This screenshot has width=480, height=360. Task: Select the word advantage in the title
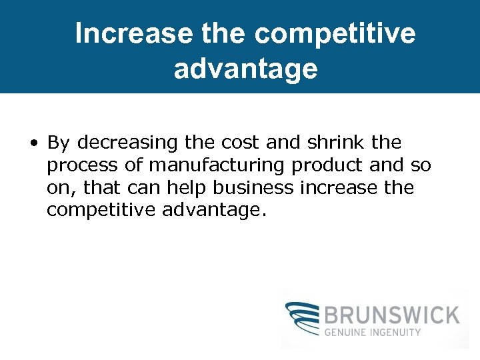[245, 69]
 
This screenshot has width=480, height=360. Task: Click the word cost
[240, 143]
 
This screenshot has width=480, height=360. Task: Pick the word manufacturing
[212, 165]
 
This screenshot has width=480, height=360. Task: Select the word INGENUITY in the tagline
[398, 332]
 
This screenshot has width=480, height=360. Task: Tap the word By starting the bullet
[59, 143]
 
